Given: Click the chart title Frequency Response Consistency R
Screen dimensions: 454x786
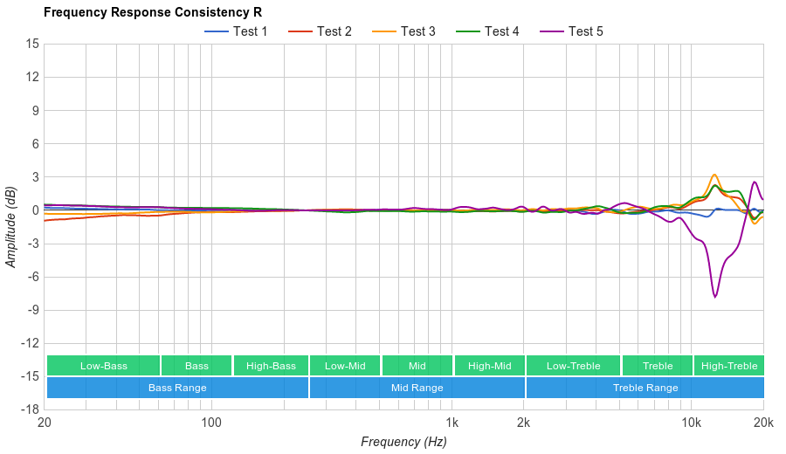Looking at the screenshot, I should point(152,12).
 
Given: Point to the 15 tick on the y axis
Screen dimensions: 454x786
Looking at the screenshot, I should point(32,44).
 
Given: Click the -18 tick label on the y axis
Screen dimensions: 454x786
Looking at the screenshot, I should point(30,409).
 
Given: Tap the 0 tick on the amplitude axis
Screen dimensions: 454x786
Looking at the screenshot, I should point(35,210).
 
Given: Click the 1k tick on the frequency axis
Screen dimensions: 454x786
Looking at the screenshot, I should point(452,422).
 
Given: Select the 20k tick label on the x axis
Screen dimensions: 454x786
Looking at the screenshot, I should point(763,422).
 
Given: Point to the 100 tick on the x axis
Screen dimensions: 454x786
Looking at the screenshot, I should point(210,422).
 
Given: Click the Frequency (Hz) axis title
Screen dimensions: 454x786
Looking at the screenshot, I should point(403,442).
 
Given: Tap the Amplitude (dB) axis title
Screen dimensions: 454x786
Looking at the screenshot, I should point(11,226).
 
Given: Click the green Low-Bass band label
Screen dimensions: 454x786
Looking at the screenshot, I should point(103,366).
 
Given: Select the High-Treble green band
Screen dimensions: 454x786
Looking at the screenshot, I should point(728,366).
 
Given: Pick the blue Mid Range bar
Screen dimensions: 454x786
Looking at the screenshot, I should point(417,388).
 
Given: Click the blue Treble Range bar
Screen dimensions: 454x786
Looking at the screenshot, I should point(645,388).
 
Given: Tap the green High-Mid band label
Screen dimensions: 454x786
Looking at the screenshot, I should point(489,366).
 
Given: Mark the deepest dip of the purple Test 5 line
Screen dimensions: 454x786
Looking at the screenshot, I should point(715,297).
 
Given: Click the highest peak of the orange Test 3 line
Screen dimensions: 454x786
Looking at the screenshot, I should point(714,175).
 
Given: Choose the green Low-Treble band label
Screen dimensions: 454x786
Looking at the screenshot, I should point(573,366).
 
